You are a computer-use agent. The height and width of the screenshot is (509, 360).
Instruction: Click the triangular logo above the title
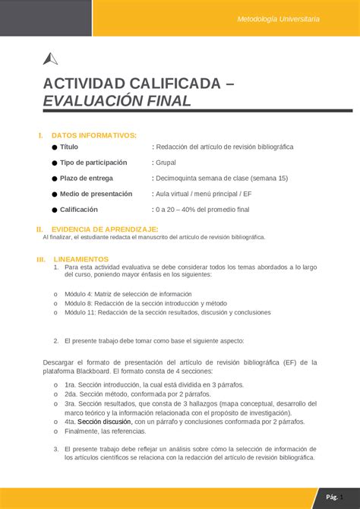(x=51, y=59)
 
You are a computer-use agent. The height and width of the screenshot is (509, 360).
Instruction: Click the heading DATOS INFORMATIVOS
(x=93, y=135)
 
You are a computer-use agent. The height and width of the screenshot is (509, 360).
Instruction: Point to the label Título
(x=69, y=147)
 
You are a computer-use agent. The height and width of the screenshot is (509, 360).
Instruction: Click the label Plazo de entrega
(x=87, y=178)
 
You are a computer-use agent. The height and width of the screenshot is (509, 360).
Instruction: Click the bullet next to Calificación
(x=55, y=210)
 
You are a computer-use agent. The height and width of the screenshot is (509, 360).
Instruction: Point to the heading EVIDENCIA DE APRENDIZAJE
(x=104, y=229)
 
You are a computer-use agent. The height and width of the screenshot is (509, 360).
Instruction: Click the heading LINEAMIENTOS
(x=81, y=259)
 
